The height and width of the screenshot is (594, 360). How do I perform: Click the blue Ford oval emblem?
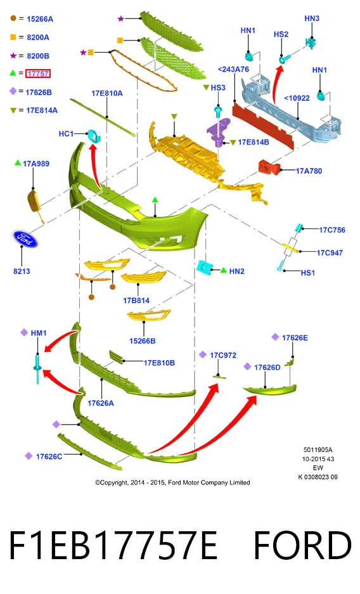25,238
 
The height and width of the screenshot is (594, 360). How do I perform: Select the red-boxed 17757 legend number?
38,74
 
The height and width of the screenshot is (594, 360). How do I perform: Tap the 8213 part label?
22,271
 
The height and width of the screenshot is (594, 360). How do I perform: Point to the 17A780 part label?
309,171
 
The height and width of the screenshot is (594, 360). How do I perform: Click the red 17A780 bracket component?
269,167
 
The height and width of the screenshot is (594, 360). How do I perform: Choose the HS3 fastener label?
218,87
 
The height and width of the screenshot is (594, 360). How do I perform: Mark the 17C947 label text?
330,253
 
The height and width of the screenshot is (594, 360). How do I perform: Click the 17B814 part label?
136,300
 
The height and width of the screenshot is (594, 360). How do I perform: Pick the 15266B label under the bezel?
143,341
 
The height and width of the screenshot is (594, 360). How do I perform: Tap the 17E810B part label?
159,363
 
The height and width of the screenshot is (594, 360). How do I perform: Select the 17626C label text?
49,456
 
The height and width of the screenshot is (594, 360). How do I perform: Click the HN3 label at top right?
312,18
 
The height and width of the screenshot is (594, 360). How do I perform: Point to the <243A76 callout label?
234,69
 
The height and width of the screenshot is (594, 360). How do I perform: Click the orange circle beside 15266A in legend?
13,18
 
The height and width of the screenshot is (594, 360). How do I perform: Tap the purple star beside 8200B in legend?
13,56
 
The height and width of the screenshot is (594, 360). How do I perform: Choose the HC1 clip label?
67,134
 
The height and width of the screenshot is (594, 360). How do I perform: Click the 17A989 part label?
36,164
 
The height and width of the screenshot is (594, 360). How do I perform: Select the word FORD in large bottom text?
302,546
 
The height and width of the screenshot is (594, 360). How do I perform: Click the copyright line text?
172,482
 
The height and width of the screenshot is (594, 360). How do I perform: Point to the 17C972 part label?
223,356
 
